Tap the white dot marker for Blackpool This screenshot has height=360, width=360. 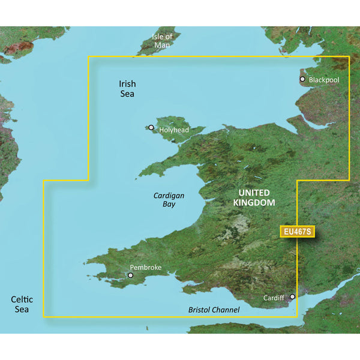[302, 79]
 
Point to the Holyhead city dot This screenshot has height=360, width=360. [151, 127]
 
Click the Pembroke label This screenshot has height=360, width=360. [146, 268]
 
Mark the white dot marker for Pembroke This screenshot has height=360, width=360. [130, 276]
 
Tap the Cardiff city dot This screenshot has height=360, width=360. [292, 296]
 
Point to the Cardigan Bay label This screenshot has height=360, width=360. [167, 200]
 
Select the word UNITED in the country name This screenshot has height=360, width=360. [254, 193]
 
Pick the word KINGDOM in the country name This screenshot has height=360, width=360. [254, 203]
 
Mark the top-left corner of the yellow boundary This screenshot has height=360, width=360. [89, 57]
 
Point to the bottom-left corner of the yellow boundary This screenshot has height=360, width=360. [44, 316]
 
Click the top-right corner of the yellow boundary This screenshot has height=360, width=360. [349, 57]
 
